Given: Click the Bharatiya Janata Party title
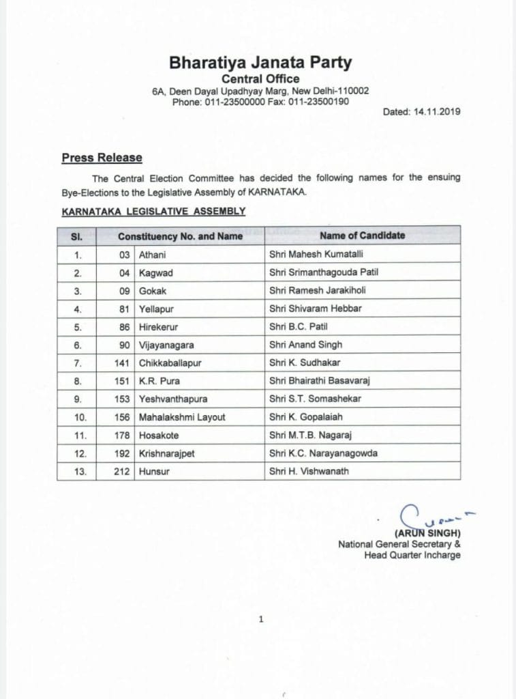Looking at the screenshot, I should [260, 63].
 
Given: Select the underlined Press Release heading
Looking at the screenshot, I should [102, 158].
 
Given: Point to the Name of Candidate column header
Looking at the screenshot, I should [362, 236].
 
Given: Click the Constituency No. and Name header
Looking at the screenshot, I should [180, 236].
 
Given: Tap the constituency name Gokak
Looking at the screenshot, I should [152, 290].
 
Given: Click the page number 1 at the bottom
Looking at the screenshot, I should [261, 620].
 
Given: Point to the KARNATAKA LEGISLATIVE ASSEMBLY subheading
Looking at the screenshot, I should [153, 212].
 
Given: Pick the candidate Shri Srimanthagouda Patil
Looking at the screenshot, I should [323, 272].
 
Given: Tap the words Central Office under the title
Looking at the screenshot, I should [260, 79].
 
